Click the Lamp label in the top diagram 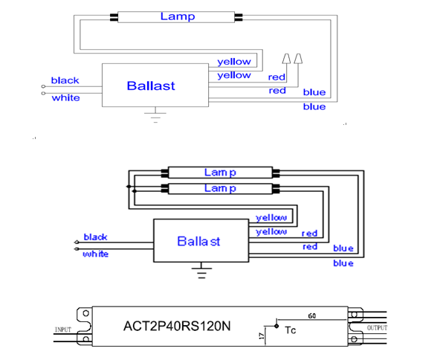[178, 16]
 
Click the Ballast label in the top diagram [151, 86]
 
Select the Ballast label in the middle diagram [198, 241]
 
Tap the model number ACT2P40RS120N [177, 326]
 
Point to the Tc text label [290, 330]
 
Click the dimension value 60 [312, 316]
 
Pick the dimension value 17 [262, 335]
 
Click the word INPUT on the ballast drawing [63, 330]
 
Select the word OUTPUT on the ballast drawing [377, 328]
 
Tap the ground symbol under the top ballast [155, 115]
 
